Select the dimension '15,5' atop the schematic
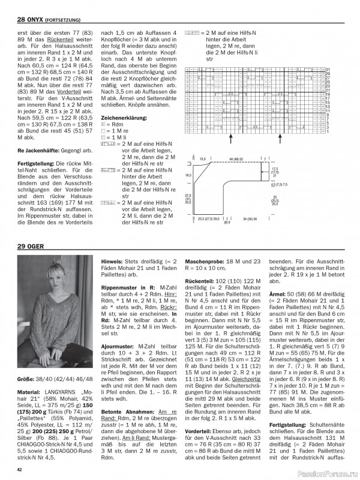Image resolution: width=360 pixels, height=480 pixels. click(x=203, y=158)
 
